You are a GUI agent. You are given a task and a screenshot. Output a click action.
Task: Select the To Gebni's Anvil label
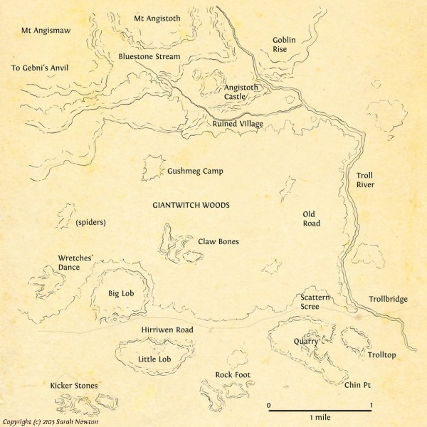[x=44, y=68]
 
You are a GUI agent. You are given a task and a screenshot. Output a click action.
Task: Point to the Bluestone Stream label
[x=149, y=56]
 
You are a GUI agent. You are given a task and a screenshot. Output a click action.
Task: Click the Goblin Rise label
[x=284, y=45]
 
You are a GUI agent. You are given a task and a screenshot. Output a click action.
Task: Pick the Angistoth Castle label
[x=240, y=92]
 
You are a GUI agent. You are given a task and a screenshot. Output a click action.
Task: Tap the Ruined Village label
[x=238, y=124]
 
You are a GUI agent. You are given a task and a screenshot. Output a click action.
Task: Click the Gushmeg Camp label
[x=196, y=172]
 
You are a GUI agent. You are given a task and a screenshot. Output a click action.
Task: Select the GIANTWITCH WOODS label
[x=191, y=205]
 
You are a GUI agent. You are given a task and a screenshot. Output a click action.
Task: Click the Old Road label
[x=311, y=218]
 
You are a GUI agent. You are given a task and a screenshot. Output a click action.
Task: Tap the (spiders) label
[x=90, y=222]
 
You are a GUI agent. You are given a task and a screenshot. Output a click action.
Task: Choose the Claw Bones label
[x=218, y=241]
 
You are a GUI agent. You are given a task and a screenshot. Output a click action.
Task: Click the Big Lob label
[x=121, y=292]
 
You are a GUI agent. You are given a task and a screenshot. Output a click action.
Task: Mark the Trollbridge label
[x=388, y=299]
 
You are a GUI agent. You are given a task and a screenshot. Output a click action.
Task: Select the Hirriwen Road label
[x=167, y=330]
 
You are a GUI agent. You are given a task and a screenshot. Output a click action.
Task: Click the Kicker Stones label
[x=74, y=386]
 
